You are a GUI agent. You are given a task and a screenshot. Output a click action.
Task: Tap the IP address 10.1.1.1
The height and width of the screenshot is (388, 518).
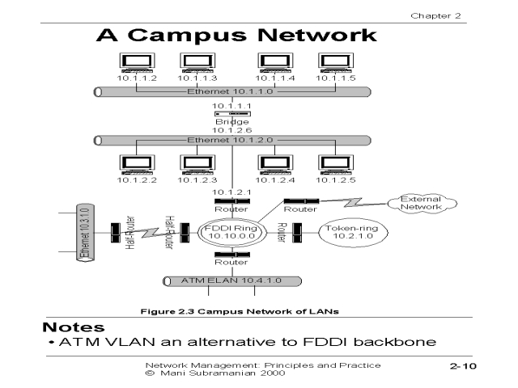pyautogui.click(x=220, y=105)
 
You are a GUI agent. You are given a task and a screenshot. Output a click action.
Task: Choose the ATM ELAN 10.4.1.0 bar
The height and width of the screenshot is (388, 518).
pyautogui.click(x=231, y=281)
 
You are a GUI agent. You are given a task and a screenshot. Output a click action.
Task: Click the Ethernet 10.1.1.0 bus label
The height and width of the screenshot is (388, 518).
pyautogui.click(x=231, y=91)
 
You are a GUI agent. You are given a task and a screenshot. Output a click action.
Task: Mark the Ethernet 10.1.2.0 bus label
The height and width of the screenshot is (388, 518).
pyautogui.click(x=231, y=140)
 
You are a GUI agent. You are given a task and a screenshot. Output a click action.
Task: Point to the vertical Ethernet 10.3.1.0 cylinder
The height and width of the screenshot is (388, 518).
pyautogui.click(x=83, y=234)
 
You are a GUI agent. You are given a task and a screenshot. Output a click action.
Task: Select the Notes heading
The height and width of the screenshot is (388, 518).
pyautogui.click(x=74, y=327)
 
